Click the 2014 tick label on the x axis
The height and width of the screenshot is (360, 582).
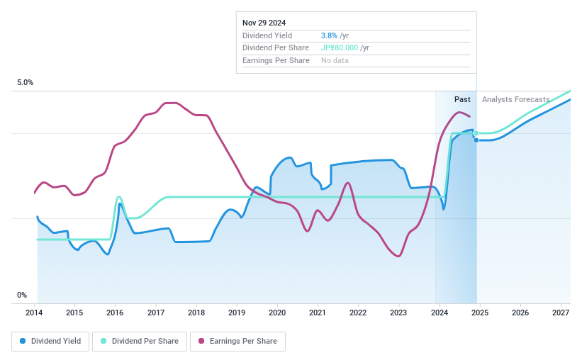(34, 313)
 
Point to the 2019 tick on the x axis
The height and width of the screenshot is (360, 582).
(237, 313)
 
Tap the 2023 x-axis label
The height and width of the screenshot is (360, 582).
(398, 313)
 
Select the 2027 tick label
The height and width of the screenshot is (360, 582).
(560, 313)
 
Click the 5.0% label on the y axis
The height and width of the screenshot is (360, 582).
(26, 83)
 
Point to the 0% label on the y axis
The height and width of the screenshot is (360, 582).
(22, 296)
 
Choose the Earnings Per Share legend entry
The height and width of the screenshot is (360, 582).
(237, 342)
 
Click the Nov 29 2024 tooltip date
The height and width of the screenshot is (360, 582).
(264, 23)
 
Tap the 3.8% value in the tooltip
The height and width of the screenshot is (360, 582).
(330, 35)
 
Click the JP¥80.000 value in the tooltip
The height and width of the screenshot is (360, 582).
(340, 48)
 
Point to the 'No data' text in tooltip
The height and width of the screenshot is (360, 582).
(335, 61)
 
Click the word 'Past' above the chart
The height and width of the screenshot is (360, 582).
(462, 99)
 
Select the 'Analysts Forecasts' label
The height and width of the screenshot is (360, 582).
(515, 99)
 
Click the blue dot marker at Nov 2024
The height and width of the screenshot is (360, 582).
(476, 140)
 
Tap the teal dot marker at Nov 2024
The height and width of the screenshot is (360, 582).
(476, 133)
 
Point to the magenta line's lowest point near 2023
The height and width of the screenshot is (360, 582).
(398, 256)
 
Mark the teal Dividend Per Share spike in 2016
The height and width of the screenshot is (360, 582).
(118, 197)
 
